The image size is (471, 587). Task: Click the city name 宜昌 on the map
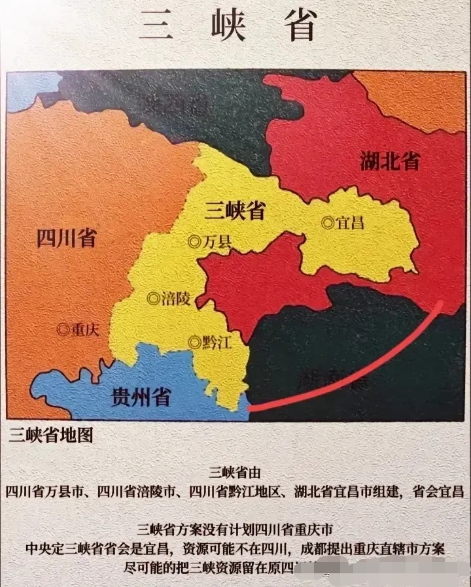click(349, 224)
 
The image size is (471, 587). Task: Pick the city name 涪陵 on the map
click(177, 299)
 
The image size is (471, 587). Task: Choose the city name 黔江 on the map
click(217, 342)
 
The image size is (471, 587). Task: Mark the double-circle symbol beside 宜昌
click(328, 224)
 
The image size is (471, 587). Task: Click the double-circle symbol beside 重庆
click(63, 330)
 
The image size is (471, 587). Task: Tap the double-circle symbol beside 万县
click(194, 242)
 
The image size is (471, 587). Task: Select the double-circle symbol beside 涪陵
click(154, 299)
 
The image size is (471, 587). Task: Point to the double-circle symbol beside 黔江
click(194, 342)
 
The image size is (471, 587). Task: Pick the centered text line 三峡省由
click(235, 472)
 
